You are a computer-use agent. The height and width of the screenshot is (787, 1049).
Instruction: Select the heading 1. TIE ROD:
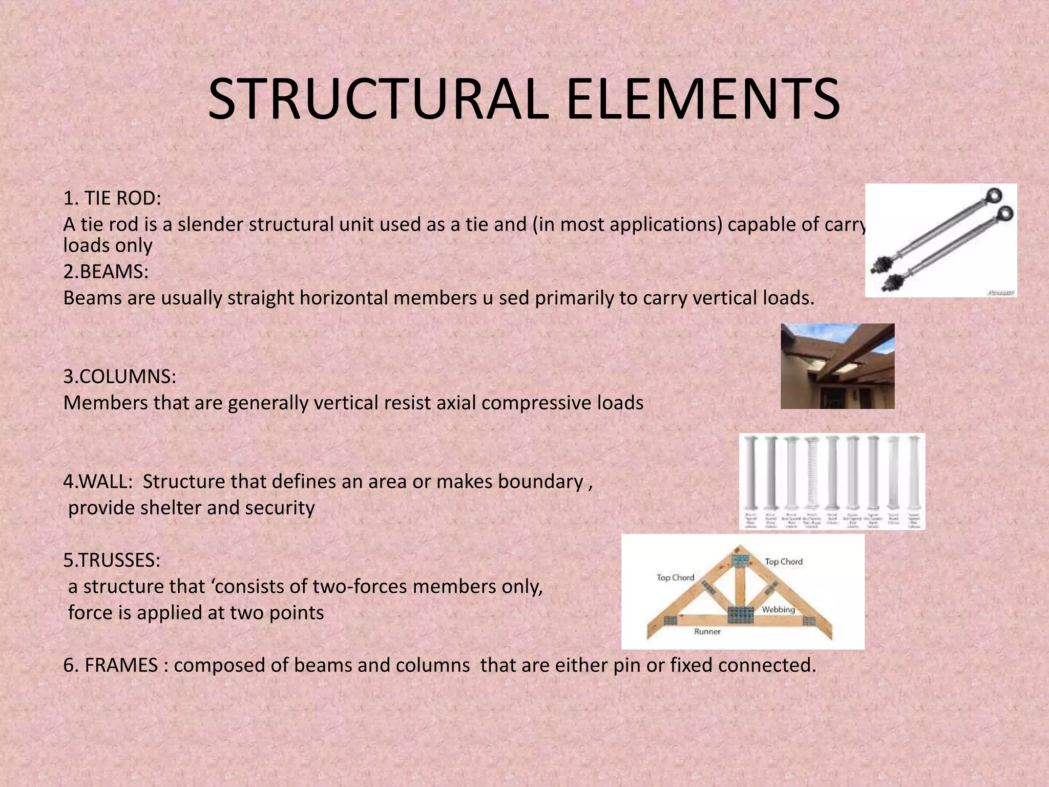[x=112, y=198]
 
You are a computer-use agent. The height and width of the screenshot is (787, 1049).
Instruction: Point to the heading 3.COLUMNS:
[x=120, y=377]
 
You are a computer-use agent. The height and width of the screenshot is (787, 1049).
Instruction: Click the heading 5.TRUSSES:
[x=112, y=561]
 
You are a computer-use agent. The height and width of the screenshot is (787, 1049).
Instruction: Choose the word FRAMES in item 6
[x=121, y=665]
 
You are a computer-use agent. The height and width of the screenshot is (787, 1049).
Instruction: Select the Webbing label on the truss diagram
[x=778, y=610]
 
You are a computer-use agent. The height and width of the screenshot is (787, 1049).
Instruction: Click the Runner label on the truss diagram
[x=707, y=632]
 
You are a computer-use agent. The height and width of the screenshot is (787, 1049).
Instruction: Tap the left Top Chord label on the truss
[x=675, y=577]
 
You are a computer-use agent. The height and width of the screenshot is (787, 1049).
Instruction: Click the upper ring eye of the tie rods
[x=994, y=195]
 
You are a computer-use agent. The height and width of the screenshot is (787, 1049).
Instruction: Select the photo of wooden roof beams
[x=837, y=366]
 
